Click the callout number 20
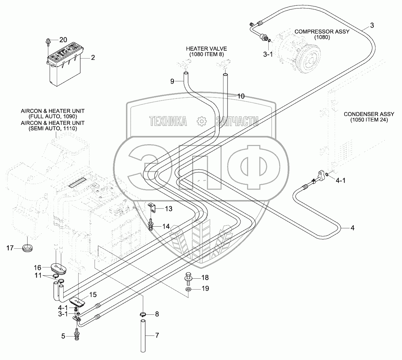[x=63, y=40]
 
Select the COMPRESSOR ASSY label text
[x=322, y=32]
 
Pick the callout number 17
[x=10, y=248]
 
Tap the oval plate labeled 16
[x=58, y=268]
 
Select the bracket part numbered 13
[x=152, y=208]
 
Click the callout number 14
[x=166, y=226]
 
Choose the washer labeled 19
[x=188, y=289]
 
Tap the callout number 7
[x=157, y=336]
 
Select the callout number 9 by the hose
[x=172, y=81]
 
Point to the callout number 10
[x=240, y=96]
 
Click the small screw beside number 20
[x=48, y=42]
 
